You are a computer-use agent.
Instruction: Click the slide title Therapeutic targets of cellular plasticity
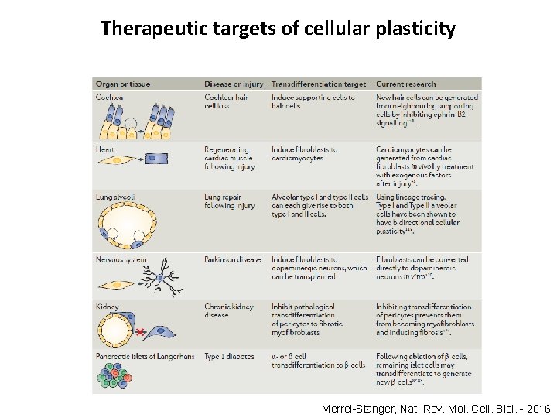pyautogui.click(x=278, y=29)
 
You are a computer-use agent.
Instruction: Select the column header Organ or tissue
pyautogui.click(x=123, y=84)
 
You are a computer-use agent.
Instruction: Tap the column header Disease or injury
pyautogui.click(x=234, y=84)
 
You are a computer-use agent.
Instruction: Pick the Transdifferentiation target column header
pyautogui.click(x=319, y=84)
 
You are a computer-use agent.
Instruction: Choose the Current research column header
pyautogui.click(x=405, y=84)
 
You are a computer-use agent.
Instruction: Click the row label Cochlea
pyautogui.click(x=109, y=98)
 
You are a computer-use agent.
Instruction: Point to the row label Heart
pyautogui.click(x=105, y=149)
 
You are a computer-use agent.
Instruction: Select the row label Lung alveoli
pyautogui.click(x=114, y=197)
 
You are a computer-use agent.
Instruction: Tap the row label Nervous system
pyautogui.click(x=121, y=259)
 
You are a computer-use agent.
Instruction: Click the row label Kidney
pyautogui.click(x=107, y=307)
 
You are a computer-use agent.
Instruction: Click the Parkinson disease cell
pyautogui.click(x=232, y=259)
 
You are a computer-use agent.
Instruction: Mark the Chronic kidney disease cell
pyautogui.click(x=228, y=311)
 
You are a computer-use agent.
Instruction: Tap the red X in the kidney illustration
pyautogui.click(x=141, y=332)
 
